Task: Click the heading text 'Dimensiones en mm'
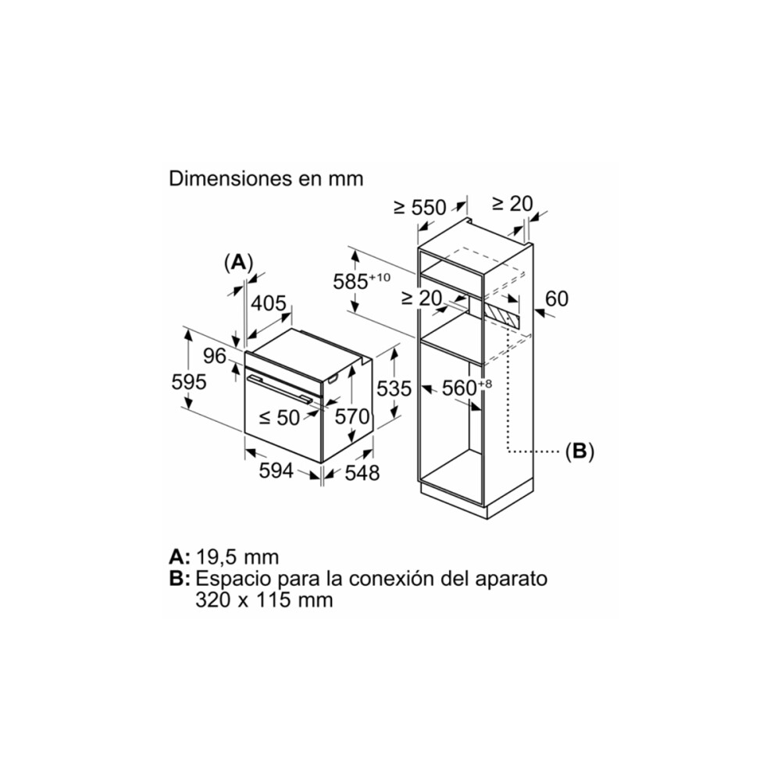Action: pos(266,179)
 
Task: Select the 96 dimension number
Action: pos(215,357)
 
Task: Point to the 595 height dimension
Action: pos(189,383)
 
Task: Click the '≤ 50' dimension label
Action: pos(280,418)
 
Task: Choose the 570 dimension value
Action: pos(352,418)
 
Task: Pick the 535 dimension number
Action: pos(394,388)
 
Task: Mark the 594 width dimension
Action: pos(276,471)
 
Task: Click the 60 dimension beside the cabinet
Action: pos(557,298)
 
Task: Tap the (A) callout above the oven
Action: pos(239,262)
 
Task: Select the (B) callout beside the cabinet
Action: pos(580,451)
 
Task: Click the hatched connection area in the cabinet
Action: pos(500,316)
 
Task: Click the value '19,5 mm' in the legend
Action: pos(237,557)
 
